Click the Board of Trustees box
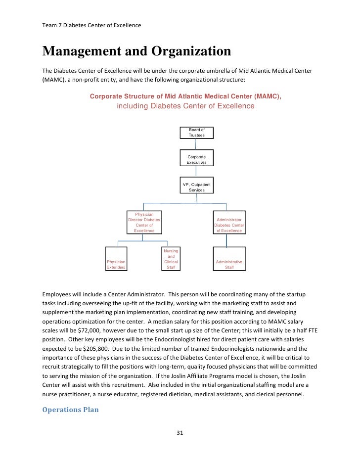coord(196,133)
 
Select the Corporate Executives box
coord(196,159)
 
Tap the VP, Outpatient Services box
coord(196,187)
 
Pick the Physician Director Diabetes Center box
coord(144,222)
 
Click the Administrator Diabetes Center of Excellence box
coord(228,225)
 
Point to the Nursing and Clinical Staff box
coord(171,259)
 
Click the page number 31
coord(180,433)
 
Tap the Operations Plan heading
coord(71,409)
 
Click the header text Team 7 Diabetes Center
coord(91,25)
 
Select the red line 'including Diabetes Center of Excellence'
coord(185,106)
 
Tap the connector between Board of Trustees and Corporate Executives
coord(196,144)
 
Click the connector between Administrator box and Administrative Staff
coord(227,240)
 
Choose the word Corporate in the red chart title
coord(108,96)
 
